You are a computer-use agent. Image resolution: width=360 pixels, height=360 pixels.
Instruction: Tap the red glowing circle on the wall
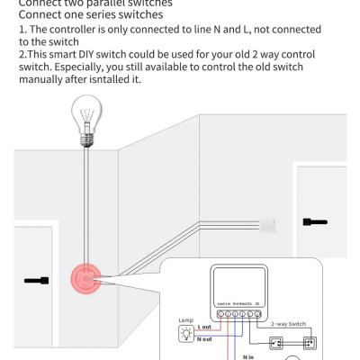[x=86, y=280]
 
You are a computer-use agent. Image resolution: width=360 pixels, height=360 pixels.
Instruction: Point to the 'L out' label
[x=204, y=328]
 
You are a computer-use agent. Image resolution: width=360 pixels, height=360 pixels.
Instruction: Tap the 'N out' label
[x=205, y=340]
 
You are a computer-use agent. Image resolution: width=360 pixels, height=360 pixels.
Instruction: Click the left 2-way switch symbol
[x=277, y=342]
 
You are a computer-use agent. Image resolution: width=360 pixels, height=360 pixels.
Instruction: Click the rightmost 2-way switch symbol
[x=310, y=342]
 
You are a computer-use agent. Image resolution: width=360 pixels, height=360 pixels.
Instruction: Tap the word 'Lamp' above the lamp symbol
[x=185, y=319]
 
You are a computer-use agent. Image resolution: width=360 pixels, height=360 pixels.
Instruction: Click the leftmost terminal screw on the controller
[x=219, y=313]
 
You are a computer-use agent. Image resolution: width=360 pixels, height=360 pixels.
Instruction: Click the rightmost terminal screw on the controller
[x=258, y=313]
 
